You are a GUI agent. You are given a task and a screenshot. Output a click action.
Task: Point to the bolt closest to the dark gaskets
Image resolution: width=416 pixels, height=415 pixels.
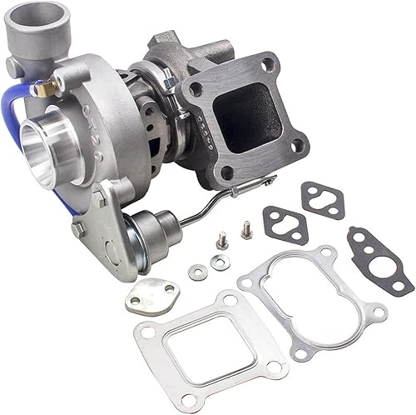pyautogui.click(x=247, y=230)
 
